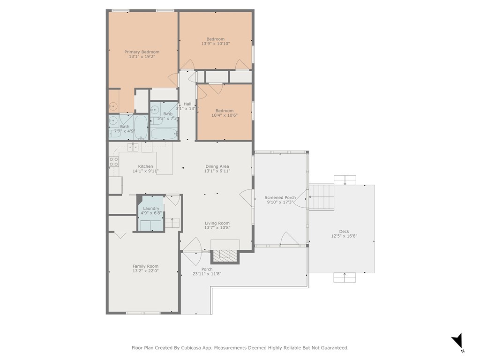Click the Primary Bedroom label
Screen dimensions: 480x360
[142, 52]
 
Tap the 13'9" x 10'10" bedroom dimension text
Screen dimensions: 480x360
[216, 44]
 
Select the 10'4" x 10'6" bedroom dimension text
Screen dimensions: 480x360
[225, 115]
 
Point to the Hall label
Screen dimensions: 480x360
[187, 104]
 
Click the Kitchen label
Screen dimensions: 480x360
[145, 166]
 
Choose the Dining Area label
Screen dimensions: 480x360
[217, 166]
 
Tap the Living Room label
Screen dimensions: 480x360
[217, 224]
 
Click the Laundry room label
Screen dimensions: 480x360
[151, 209]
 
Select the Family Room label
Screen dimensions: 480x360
[145, 266]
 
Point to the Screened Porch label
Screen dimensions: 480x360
[280, 198]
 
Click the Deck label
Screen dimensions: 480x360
[344, 232]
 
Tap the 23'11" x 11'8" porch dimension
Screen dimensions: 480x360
[207, 274]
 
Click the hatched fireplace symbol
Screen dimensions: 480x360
[225, 256]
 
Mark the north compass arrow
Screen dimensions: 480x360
[457, 340]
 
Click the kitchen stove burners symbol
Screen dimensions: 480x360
[114, 162]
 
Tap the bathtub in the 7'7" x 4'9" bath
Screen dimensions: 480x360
[141, 127]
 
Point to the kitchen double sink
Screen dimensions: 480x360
[133, 148]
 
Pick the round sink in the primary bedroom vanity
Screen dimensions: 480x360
[113, 106]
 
